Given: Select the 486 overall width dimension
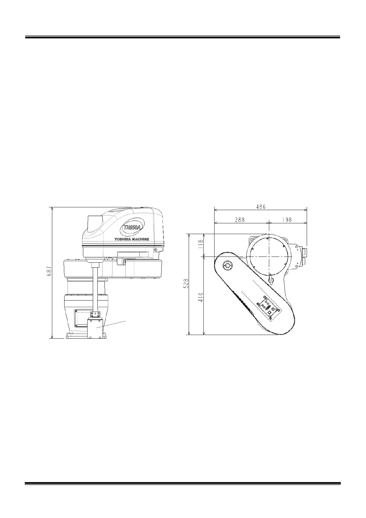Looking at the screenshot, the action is pyautogui.click(x=261, y=207).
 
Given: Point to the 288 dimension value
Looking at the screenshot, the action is pyautogui.click(x=240, y=220).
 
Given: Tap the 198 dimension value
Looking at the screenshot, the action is pyautogui.click(x=287, y=220).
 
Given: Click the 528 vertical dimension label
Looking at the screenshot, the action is pyautogui.click(x=186, y=283).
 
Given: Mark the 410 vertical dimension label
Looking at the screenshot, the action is pyautogui.click(x=201, y=297).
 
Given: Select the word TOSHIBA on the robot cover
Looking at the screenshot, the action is pyautogui.click(x=123, y=239).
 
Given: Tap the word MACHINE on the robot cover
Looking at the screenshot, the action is pyautogui.click(x=140, y=239).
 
